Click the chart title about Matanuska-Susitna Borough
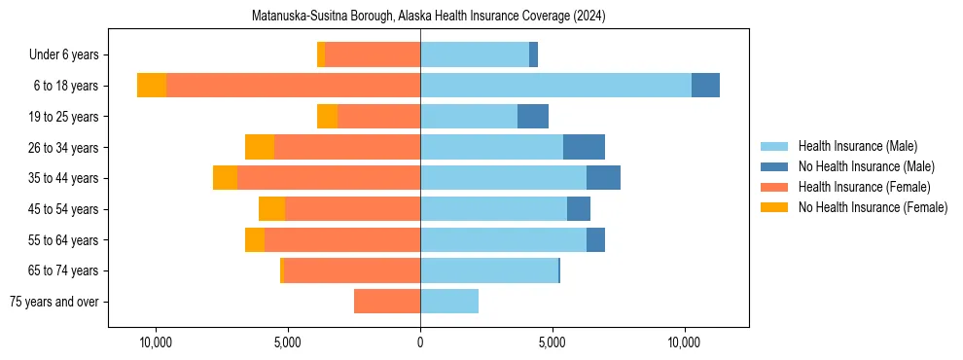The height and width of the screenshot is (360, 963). point(428,17)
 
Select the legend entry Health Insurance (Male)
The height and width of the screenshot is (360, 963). point(857,146)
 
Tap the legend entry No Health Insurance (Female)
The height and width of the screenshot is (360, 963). point(873,207)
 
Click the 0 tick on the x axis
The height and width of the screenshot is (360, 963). point(420,342)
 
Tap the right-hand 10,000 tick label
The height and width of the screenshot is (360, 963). point(685,342)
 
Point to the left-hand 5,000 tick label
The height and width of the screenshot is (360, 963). point(288,342)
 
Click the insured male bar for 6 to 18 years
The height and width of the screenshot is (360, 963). point(555,86)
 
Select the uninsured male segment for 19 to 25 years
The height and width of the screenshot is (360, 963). point(533,117)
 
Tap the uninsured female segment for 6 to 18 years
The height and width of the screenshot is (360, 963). point(152,86)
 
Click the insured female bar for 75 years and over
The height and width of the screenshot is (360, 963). point(387,302)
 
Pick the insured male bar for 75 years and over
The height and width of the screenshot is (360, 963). point(449,302)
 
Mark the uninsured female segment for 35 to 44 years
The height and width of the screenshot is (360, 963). point(225,178)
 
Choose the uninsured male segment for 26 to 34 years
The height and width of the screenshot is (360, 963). point(584,147)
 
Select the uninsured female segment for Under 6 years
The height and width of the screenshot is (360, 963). point(321,55)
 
